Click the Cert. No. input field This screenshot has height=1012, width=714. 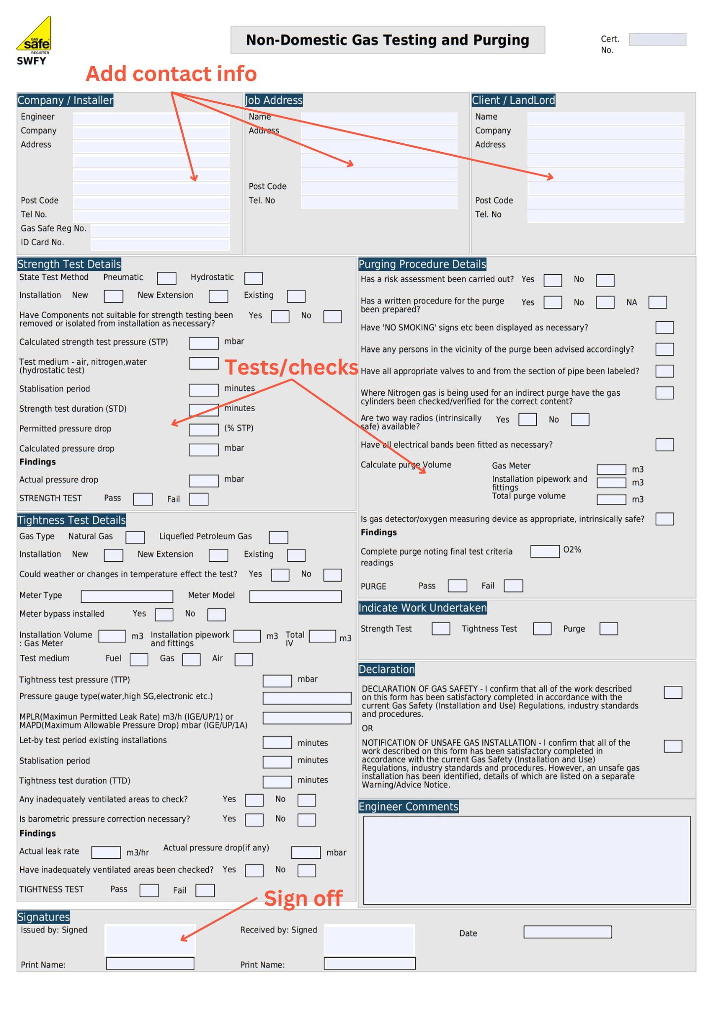(x=657, y=40)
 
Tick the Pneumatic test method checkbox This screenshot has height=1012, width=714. (x=166, y=278)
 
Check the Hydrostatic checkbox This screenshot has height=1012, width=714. (x=253, y=278)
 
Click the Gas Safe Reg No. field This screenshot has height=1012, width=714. (x=160, y=230)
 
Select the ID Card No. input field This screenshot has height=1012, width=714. (x=160, y=244)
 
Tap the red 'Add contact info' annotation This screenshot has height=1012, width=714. (x=171, y=74)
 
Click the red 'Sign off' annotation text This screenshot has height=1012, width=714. (x=303, y=898)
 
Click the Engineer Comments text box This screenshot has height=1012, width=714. (x=526, y=860)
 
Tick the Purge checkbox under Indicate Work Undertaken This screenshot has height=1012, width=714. (x=608, y=629)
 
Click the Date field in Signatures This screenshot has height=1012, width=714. (x=567, y=932)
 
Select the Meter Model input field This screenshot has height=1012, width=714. (x=295, y=596)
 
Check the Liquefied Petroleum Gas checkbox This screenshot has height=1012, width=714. (x=278, y=537)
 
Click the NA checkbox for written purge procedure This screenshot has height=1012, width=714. (x=657, y=302)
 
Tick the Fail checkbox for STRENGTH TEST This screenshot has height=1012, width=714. (x=198, y=499)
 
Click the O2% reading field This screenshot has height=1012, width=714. (x=545, y=551)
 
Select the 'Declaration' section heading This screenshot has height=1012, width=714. (x=387, y=670)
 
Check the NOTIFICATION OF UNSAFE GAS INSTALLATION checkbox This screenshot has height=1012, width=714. (x=673, y=746)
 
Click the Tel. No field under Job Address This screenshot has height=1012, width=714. (x=379, y=202)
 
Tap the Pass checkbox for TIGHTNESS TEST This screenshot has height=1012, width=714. (x=149, y=890)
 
